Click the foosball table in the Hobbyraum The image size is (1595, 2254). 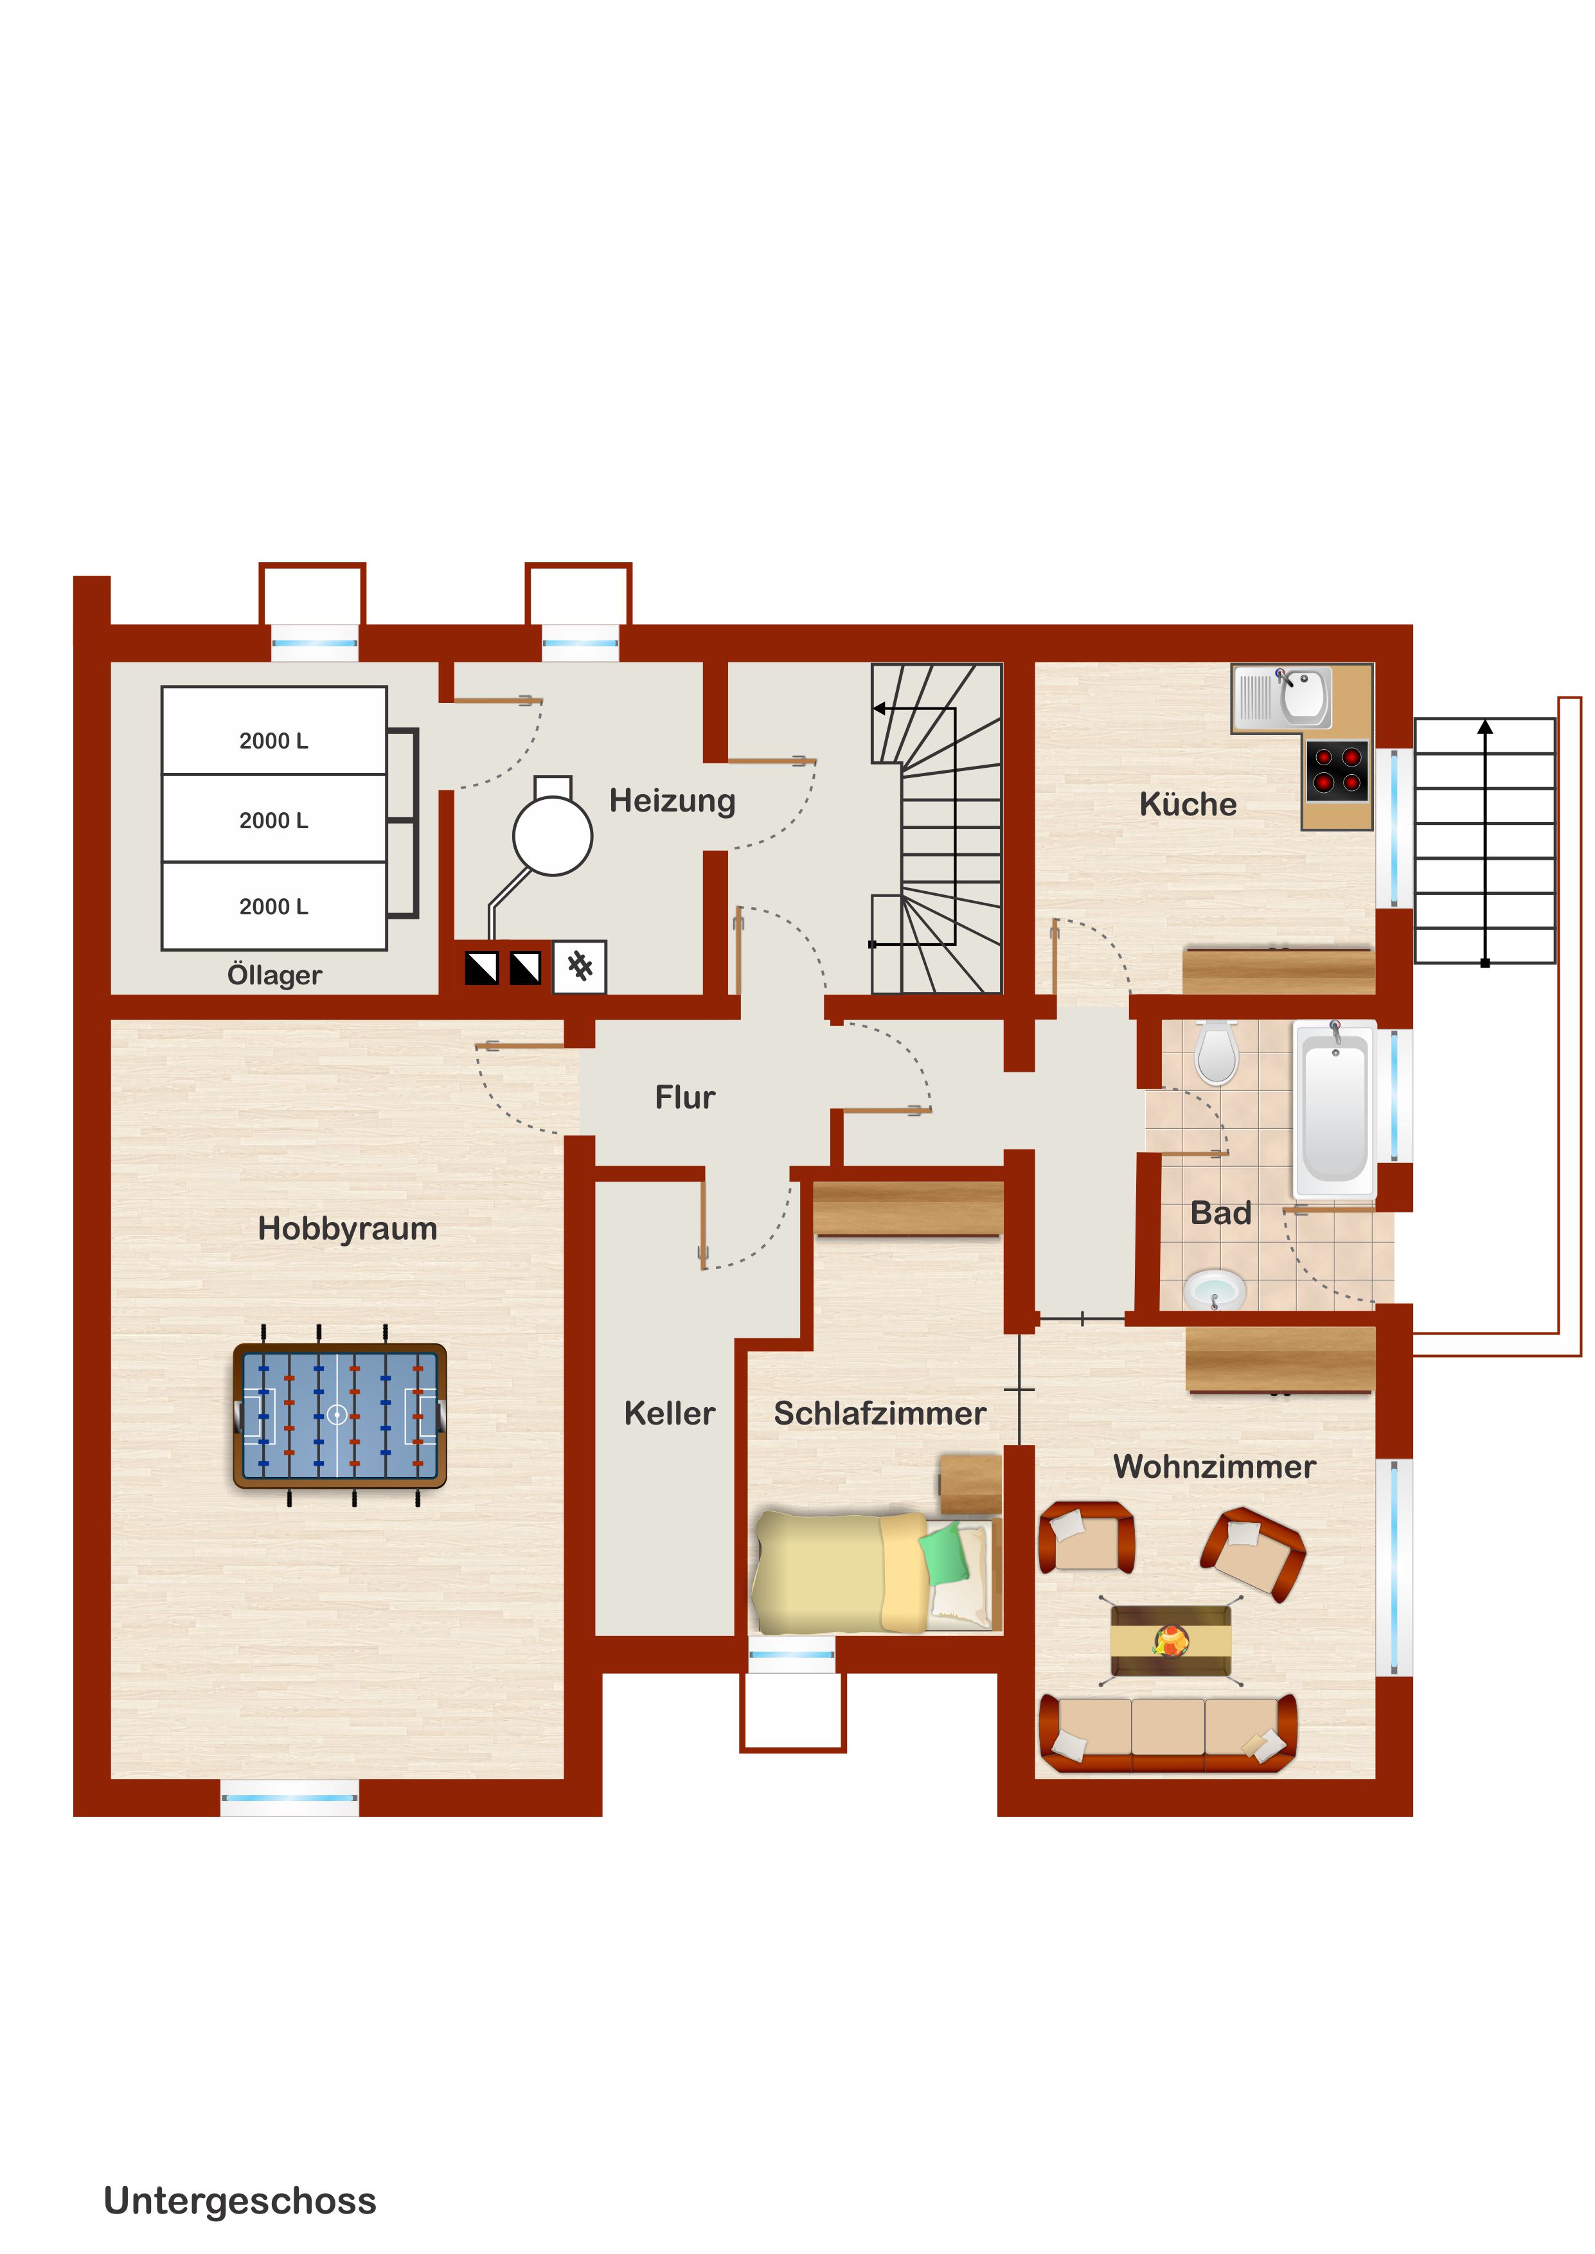340,1415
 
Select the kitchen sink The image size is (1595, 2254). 1281,697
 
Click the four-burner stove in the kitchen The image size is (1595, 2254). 1337,770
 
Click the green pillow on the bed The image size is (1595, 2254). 944,1553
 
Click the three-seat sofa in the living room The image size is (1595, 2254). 1168,1733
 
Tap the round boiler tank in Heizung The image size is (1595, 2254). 552,835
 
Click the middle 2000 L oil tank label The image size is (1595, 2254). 274,821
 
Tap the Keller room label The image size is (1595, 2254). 669,1414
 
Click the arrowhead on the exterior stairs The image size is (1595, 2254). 1485,727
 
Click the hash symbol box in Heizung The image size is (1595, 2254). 580,967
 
